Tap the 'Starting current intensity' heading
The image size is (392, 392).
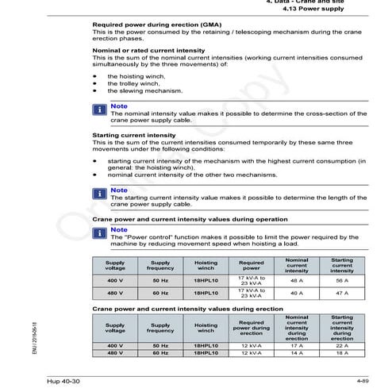tap(129, 136)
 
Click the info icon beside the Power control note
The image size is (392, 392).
tap(100, 233)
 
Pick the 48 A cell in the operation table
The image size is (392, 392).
tap(297, 280)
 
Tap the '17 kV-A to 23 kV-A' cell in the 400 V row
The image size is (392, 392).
tap(252, 280)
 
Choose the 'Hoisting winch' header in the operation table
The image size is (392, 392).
tap(206, 265)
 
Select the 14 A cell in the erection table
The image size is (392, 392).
tap(297, 352)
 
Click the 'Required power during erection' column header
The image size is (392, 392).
tap(252, 329)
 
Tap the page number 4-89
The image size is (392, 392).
tap(365, 382)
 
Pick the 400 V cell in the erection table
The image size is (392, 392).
tap(116, 345)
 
